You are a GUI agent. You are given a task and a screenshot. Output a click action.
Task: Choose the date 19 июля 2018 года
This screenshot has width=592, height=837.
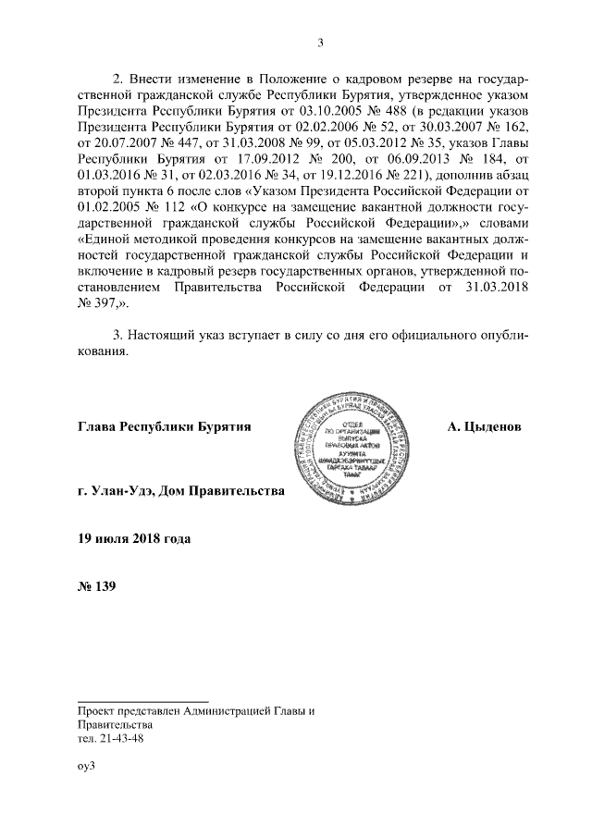coord(136,537)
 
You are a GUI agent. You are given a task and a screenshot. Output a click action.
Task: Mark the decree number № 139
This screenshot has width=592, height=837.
coord(97,585)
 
